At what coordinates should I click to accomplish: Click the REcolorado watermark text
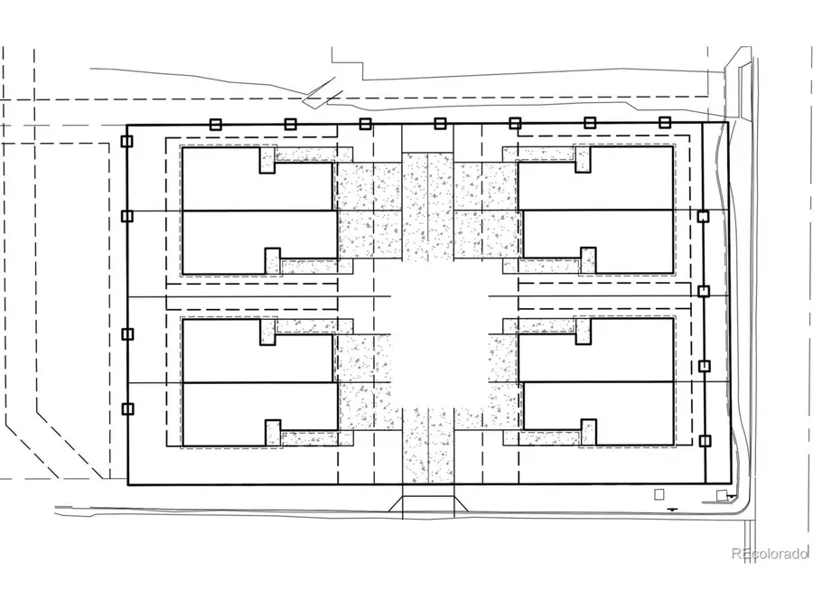(770, 554)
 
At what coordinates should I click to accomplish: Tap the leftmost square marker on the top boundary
(216, 124)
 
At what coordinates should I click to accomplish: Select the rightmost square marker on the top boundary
(664, 123)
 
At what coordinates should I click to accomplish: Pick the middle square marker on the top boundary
(440, 124)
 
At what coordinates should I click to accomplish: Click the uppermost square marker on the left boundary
(126, 142)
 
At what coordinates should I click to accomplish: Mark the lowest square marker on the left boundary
(126, 408)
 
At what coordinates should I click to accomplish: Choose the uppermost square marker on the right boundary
(703, 216)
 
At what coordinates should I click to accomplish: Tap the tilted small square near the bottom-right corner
(721, 493)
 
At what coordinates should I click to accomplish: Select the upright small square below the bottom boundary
(659, 493)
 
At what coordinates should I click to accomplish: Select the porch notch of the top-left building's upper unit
(267, 160)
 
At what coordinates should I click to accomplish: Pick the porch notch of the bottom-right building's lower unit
(589, 432)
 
